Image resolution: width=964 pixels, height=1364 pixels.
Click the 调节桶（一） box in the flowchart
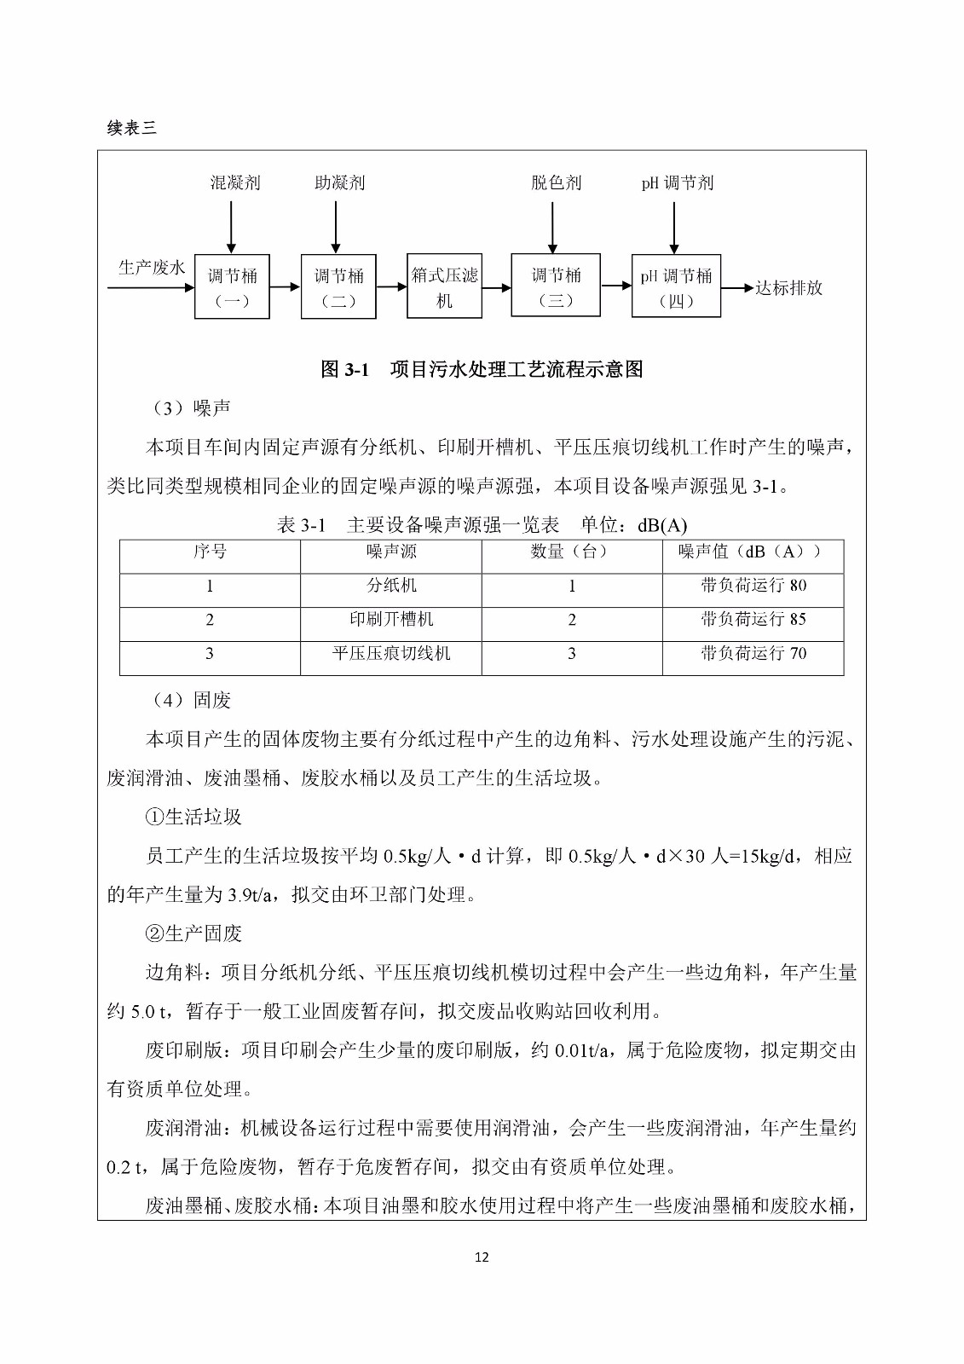click(x=232, y=286)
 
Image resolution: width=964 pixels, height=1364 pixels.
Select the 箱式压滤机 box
click(x=444, y=286)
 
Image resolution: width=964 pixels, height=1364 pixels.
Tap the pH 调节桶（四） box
click(x=676, y=286)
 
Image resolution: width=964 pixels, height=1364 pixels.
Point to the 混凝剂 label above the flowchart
click(x=235, y=182)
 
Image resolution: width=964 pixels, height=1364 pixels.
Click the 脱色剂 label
click(x=556, y=182)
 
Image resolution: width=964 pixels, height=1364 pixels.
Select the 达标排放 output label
click(x=788, y=288)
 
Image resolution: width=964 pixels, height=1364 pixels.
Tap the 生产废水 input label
click(x=152, y=268)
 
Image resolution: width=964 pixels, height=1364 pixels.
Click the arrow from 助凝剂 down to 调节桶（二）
click(x=337, y=225)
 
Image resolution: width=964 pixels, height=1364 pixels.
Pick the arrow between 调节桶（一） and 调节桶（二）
click(x=285, y=288)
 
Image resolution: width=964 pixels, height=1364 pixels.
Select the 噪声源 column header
click(x=391, y=552)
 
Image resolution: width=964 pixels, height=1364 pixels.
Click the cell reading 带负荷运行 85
click(x=753, y=619)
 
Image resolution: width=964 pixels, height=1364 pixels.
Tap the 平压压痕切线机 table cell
click(x=391, y=653)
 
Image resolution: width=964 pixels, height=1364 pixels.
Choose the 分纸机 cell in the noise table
click(x=391, y=585)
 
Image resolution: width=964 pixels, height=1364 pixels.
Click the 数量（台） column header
click(x=571, y=552)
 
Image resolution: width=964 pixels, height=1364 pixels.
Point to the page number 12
click(x=482, y=1257)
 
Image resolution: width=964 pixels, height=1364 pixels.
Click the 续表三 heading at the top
click(x=132, y=128)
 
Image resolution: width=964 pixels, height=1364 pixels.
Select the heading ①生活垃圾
click(x=193, y=817)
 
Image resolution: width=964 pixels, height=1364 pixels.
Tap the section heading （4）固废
click(x=189, y=700)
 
